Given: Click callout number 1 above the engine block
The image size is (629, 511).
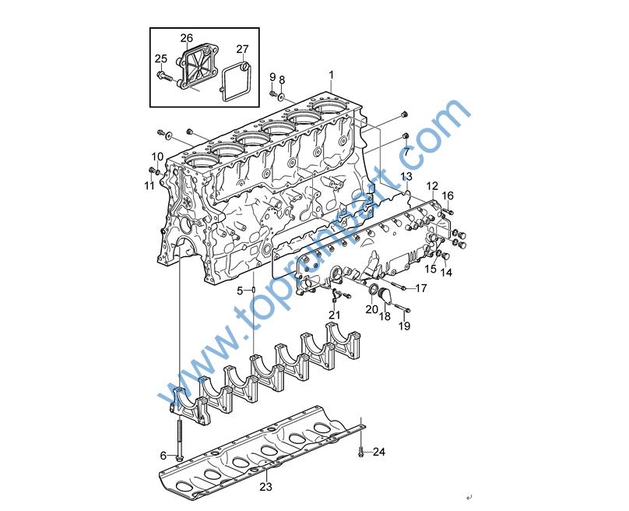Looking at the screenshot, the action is (x=331, y=75).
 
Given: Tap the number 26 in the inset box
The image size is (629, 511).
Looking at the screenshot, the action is (x=187, y=38).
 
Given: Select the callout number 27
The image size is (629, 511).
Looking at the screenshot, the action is (x=242, y=49).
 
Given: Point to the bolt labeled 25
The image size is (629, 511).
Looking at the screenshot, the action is (x=164, y=75).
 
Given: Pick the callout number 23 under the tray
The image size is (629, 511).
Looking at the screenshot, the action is (x=265, y=487).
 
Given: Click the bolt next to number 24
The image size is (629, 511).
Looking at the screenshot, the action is (x=360, y=453).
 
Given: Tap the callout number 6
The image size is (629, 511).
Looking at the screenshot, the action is (x=163, y=456).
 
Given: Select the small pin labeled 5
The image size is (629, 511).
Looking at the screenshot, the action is (x=254, y=291).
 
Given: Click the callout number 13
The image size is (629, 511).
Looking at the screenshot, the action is (x=406, y=176).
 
